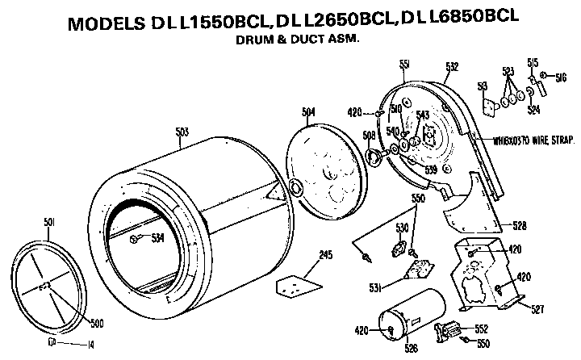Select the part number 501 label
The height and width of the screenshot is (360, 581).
click(x=48, y=222)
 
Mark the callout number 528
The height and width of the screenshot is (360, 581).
click(x=521, y=225)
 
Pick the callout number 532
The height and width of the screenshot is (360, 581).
click(x=452, y=66)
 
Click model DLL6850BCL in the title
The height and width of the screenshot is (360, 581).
click(x=466, y=18)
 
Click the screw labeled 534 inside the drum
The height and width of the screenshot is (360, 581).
click(x=138, y=237)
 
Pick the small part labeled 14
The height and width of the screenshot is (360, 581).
click(x=51, y=341)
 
